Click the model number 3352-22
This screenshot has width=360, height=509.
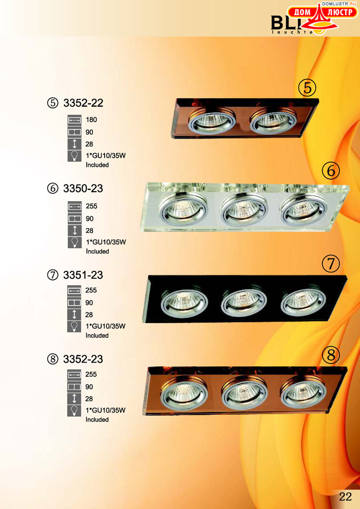[x=83, y=103]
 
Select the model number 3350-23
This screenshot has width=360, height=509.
[x=83, y=188]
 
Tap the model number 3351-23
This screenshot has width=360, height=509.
[x=83, y=275]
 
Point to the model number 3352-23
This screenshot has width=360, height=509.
[x=83, y=359]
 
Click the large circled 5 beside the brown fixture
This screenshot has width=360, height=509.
[x=307, y=87]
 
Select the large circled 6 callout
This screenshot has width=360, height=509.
[x=330, y=170]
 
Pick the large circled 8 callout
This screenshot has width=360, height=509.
[x=330, y=355]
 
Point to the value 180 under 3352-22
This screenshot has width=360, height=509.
[x=91, y=120]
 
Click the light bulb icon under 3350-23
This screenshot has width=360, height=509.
[x=75, y=242]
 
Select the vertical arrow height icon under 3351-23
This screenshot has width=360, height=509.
[x=74, y=315]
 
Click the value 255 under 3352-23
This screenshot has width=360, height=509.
[x=91, y=374]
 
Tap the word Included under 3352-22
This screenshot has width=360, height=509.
[x=97, y=165]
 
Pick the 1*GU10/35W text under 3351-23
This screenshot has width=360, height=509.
[x=105, y=326]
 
